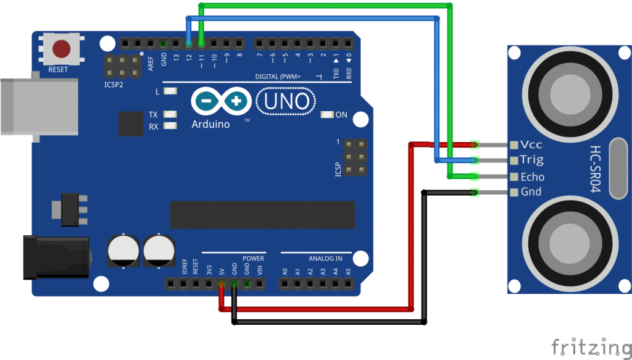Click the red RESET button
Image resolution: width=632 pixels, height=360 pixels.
[61, 48]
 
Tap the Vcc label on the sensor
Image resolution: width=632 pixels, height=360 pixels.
[531, 144]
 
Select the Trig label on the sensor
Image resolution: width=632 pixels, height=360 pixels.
[531, 160]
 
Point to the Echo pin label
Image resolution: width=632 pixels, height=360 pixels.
[532, 177]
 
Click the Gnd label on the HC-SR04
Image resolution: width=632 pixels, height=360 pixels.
[531, 191]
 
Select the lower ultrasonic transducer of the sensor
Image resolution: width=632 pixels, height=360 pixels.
[570, 240]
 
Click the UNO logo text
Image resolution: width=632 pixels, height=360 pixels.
[286, 101]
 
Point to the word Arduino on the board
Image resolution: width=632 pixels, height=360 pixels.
[210, 124]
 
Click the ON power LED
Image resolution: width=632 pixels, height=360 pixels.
[327, 115]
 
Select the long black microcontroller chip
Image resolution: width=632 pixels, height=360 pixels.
[262, 214]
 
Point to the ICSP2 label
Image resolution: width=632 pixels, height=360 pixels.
[114, 84]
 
